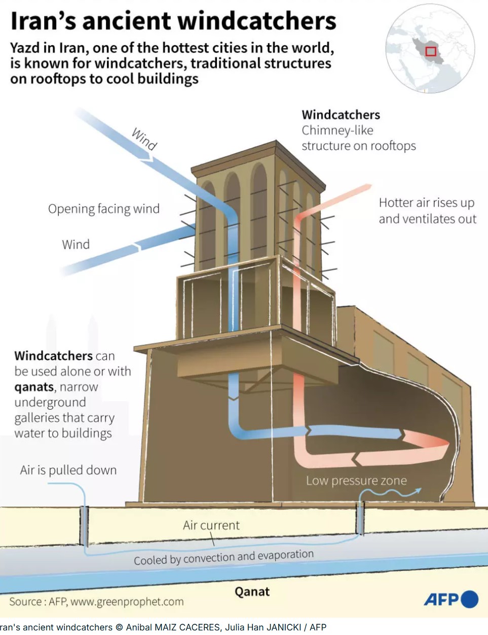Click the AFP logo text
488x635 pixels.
tap(441, 599)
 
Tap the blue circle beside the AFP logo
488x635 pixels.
tap(470, 599)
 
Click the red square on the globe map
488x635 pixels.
tap(431, 51)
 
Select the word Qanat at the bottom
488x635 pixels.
tap(252, 591)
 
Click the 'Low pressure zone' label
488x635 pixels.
tap(356, 480)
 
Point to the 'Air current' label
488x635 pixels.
tap(211, 525)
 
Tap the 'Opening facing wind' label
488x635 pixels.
tap(104, 209)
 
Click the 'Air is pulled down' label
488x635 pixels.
tap(68, 470)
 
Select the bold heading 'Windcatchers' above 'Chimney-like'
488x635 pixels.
tap(341, 115)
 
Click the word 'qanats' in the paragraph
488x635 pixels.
tap(34, 387)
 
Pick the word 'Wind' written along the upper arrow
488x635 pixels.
tap(144, 139)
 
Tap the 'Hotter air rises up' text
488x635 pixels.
tap(427, 203)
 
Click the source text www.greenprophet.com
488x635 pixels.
tap(127, 602)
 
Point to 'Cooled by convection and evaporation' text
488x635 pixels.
tap(223, 557)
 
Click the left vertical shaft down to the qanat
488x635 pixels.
tap(84, 525)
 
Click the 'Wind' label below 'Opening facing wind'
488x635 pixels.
tap(76, 244)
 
